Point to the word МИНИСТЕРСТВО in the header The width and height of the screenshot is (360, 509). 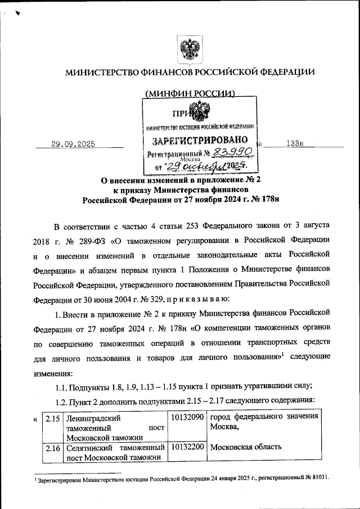[105, 73]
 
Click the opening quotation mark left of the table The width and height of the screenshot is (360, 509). [35, 419]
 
